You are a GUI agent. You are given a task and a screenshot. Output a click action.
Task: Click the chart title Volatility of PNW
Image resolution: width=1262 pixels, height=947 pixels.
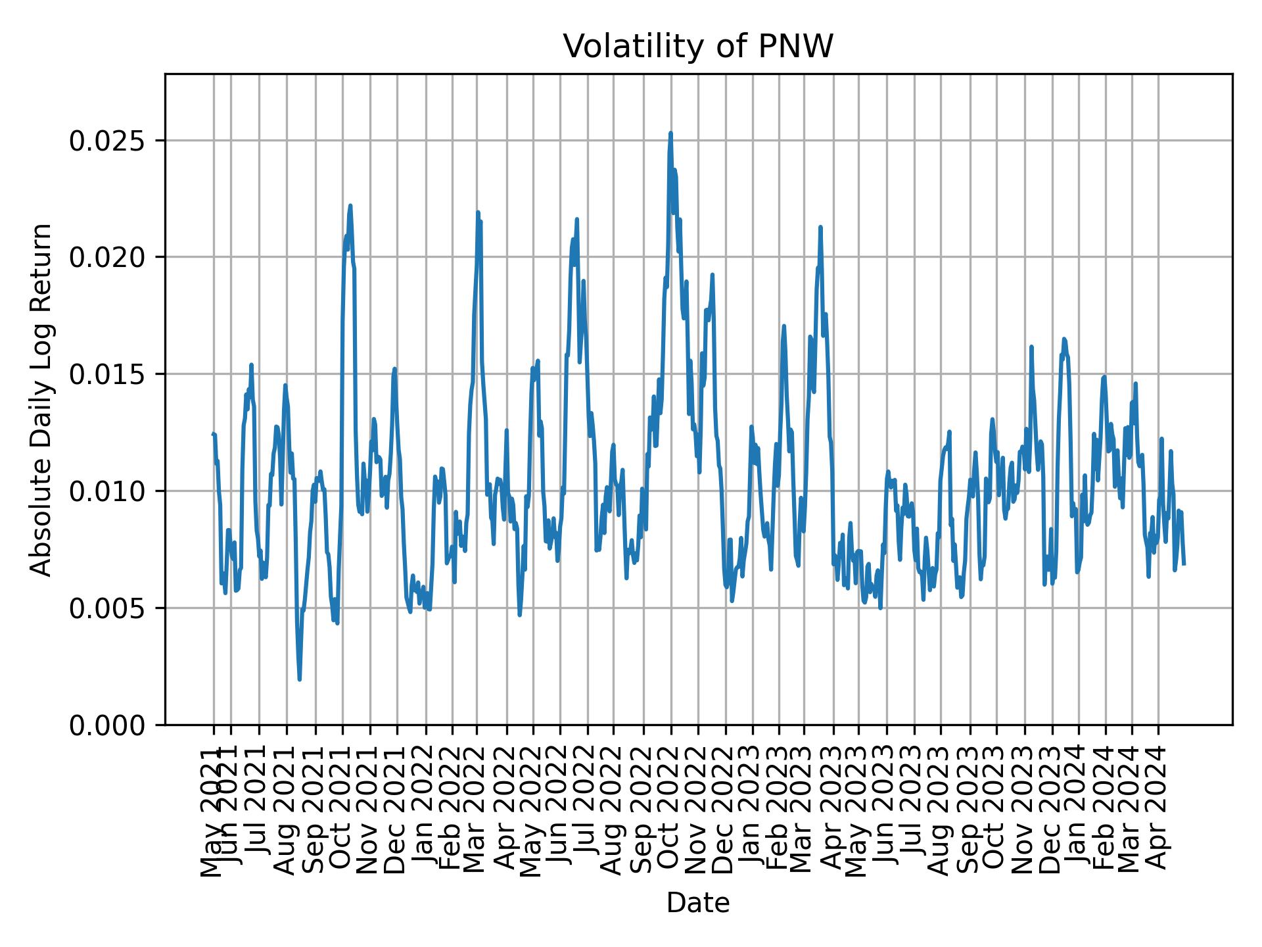[x=698, y=47]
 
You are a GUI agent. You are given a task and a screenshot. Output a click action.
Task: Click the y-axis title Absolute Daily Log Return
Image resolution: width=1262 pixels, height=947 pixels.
[x=42, y=399]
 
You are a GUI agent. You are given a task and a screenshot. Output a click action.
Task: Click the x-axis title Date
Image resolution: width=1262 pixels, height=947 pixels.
[x=698, y=903]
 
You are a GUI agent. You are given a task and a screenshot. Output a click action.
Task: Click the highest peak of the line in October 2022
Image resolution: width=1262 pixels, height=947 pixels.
[x=670, y=134]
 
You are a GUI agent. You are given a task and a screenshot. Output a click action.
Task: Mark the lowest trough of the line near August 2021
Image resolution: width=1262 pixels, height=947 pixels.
[x=299, y=679]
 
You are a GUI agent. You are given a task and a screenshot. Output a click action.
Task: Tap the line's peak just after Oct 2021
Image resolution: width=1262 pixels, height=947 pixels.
[x=350, y=206]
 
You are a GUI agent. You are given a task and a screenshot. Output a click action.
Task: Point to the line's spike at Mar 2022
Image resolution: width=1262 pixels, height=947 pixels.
[x=478, y=212]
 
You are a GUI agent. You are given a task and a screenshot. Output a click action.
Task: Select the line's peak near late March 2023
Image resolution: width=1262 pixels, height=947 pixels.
[x=820, y=228]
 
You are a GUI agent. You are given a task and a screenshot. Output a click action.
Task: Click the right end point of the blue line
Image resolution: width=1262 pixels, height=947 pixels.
[x=1184, y=564]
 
